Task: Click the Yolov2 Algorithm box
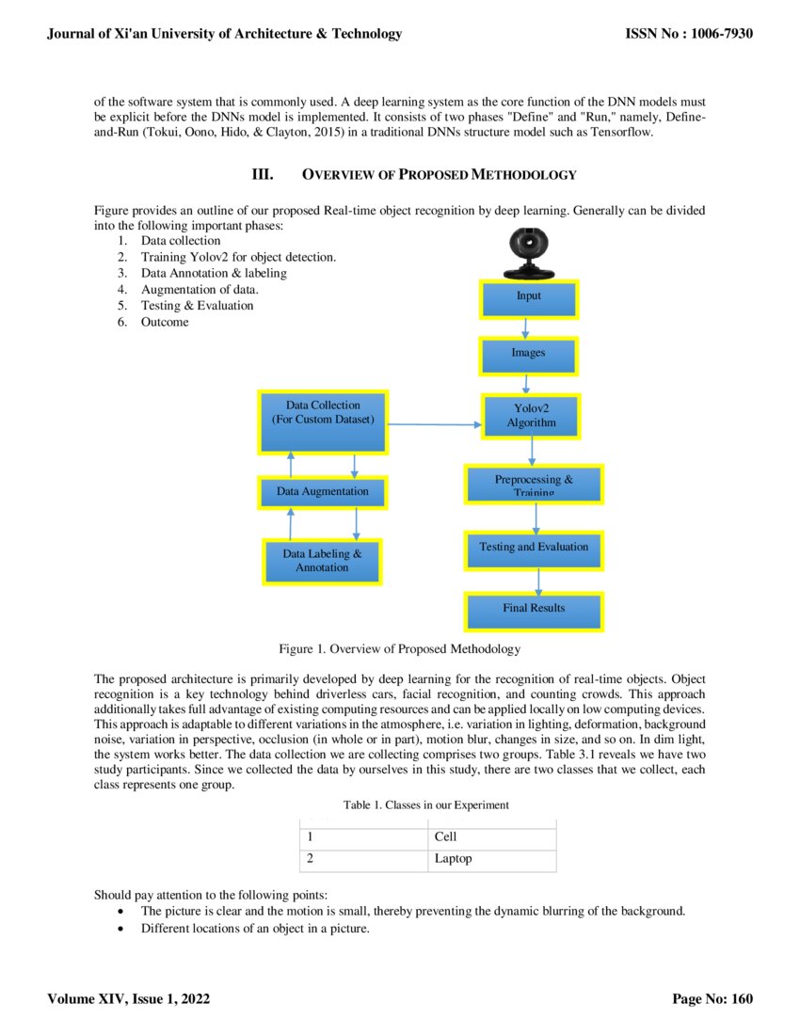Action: [532, 416]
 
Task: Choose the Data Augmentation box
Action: [323, 491]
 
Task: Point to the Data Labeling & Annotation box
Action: [322, 562]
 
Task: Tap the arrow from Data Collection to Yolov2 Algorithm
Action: [433, 424]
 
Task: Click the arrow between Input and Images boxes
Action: [527, 327]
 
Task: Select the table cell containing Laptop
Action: [490, 859]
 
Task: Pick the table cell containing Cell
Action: [490, 837]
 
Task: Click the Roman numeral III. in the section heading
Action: [262, 174]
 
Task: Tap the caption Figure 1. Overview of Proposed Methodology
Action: [399, 649]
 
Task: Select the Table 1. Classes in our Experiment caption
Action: [426, 805]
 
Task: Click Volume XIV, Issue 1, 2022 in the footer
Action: [129, 999]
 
